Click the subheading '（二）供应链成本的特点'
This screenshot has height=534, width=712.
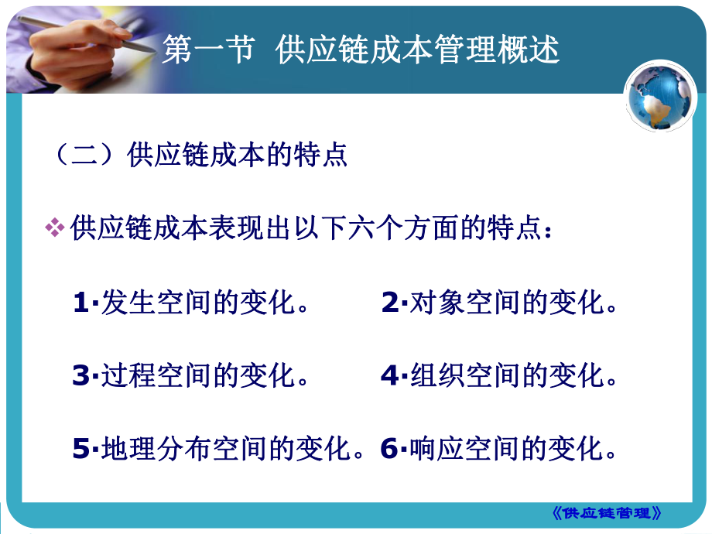tap(199, 155)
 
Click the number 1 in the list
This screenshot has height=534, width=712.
tap(81, 303)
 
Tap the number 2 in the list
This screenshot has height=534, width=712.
tap(389, 303)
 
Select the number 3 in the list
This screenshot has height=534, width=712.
tap(81, 376)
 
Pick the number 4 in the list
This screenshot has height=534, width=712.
tap(389, 376)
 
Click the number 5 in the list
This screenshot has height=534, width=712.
tap(81, 450)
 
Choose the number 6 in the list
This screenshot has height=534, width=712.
tap(389, 450)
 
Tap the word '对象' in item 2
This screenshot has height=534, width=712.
tap(436, 303)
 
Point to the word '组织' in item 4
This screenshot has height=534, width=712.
tap(436, 376)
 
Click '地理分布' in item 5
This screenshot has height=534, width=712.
tap(156, 450)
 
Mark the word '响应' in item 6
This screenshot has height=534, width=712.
tap(436, 450)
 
